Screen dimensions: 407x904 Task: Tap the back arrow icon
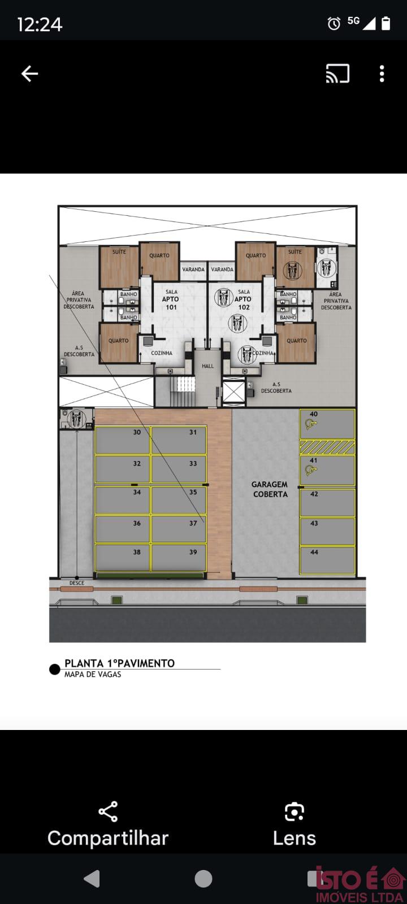click(29, 74)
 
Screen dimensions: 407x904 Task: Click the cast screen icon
click(337, 73)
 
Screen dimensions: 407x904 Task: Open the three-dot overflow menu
click(382, 74)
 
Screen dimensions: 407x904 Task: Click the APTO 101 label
click(171, 303)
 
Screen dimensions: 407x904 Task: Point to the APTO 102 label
click(244, 303)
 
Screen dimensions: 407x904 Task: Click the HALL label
click(208, 366)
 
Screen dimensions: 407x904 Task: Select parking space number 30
click(123, 440)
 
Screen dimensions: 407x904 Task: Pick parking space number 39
click(179, 558)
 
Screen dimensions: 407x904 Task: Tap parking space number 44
click(327, 560)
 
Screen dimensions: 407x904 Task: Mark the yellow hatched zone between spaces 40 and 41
click(327, 447)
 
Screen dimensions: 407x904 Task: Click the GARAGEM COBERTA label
click(270, 489)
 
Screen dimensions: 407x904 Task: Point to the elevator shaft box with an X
click(234, 392)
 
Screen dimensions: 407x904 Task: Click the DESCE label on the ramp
click(77, 583)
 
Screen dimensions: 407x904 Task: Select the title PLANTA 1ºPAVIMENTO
click(119, 663)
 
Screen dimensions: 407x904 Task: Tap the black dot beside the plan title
click(54, 669)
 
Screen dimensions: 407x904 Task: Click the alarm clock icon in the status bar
click(334, 23)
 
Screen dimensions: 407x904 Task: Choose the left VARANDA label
click(193, 269)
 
